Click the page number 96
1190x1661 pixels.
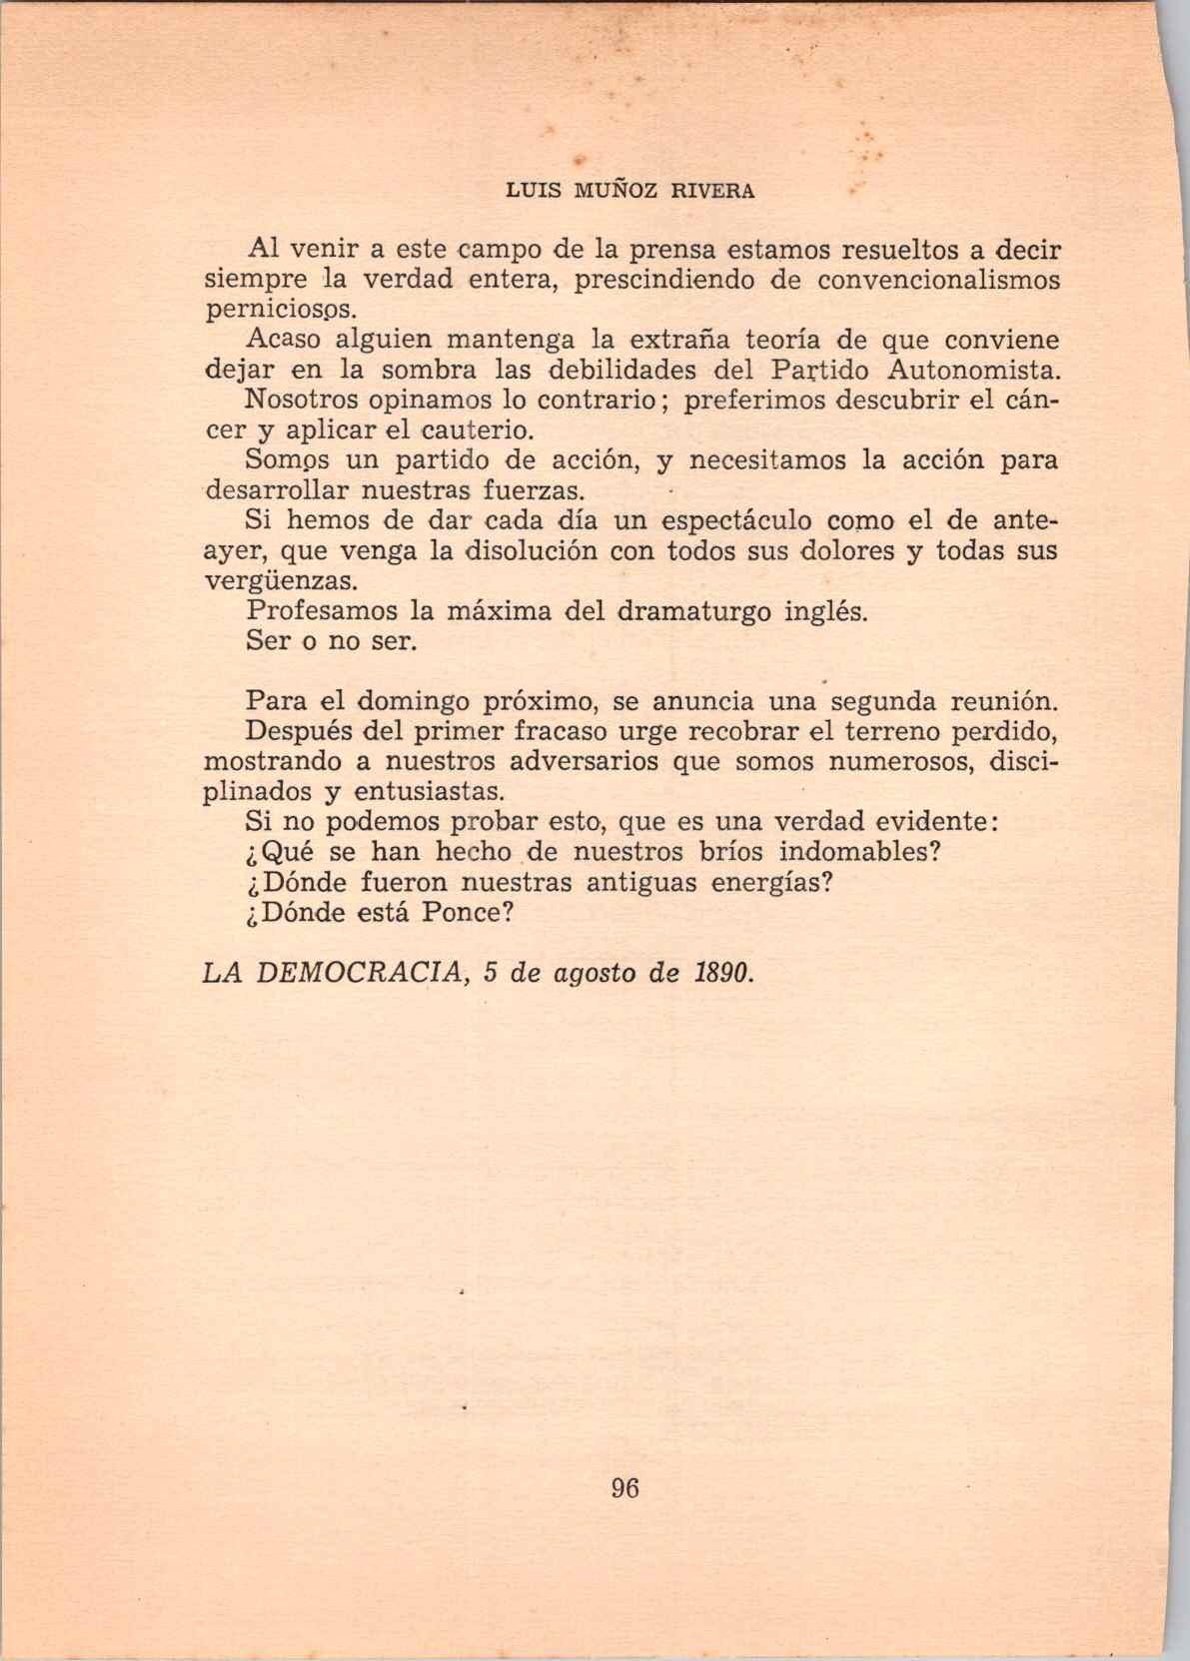coord(623,1487)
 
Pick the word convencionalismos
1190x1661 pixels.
coord(938,280)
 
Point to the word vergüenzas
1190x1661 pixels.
coord(278,581)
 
